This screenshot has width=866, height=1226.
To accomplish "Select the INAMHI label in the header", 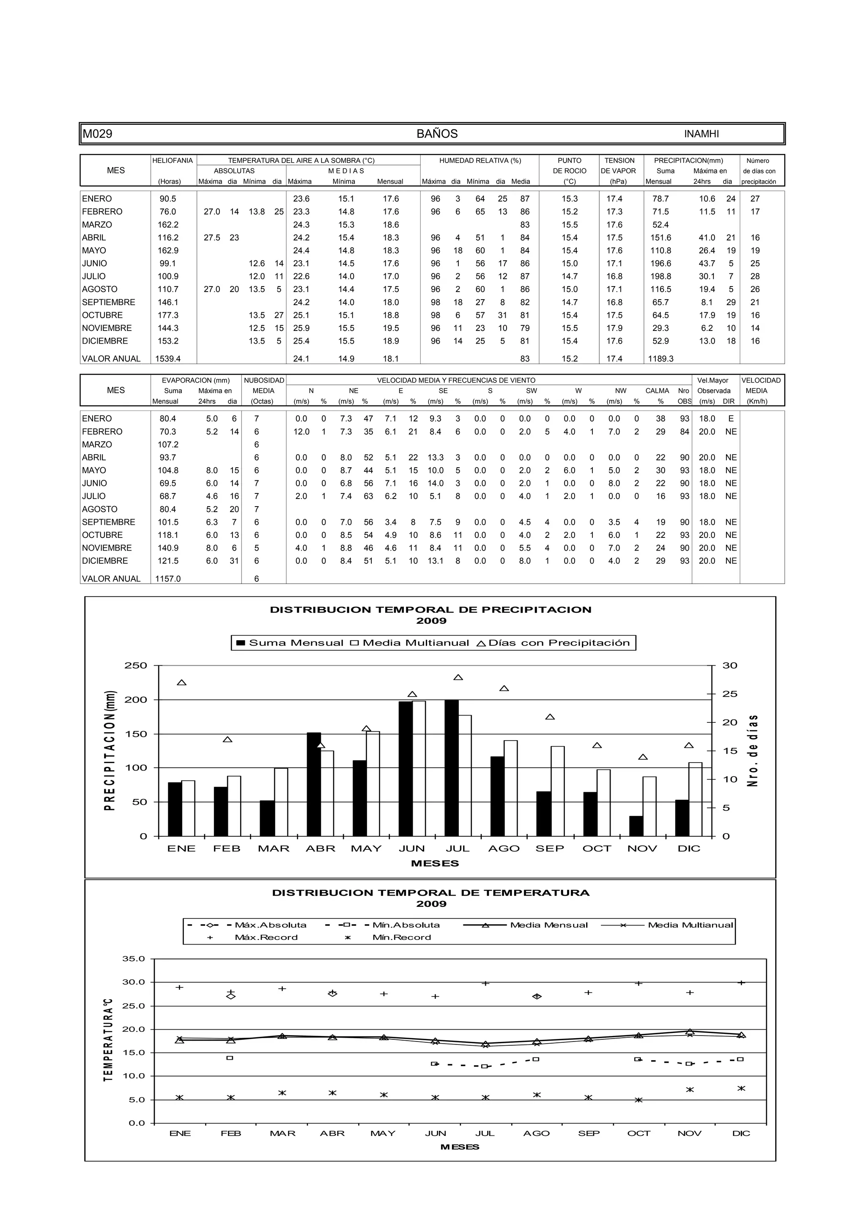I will click(701, 134).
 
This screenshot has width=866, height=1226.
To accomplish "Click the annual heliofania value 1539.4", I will click(167, 359).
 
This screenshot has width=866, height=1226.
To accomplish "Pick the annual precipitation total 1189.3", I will click(660, 359).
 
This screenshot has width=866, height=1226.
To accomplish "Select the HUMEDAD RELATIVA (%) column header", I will click(480, 160).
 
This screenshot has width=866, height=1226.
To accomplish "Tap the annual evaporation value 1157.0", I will click(167, 579).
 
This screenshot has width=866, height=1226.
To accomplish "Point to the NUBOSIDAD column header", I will click(263, 380).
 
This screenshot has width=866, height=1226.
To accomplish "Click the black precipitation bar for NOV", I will click(636, 826).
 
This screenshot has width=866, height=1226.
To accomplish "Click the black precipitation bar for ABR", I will click(314, 784).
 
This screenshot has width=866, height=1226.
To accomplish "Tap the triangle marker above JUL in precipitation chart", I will click(458, 678).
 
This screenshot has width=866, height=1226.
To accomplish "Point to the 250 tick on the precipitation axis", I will click(136, 665).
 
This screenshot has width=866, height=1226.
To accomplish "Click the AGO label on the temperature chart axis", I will click(536, 1133).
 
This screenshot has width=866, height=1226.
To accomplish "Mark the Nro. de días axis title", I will click(752, 750).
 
